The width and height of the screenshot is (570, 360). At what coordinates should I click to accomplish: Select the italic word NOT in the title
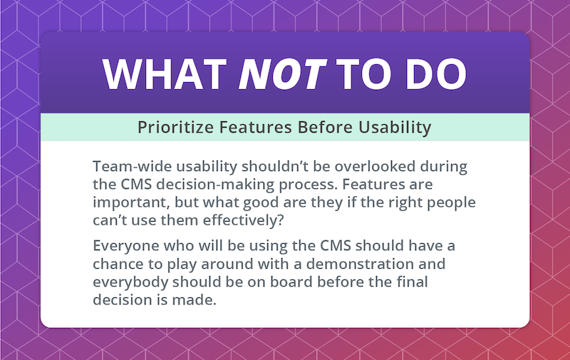(283, 74)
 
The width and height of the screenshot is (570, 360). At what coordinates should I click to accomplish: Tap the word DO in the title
(436, 74)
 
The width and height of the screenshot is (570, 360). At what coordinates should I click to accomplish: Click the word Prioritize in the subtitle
(175, 128)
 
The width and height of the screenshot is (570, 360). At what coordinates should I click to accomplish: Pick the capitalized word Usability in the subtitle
(395, 128)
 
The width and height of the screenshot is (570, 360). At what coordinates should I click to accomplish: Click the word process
(309, 185)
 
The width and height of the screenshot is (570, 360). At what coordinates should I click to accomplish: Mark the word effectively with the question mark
(243, 220)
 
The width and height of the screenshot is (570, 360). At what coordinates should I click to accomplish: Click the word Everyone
(126, 246)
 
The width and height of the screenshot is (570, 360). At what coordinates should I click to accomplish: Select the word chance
(118, 264)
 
